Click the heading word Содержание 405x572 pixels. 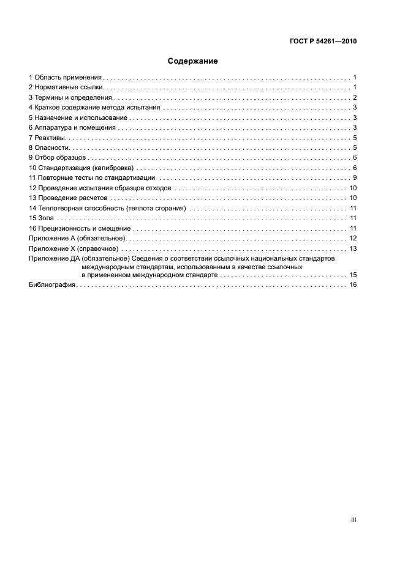[x=193, y=61]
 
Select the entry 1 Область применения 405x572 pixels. [x=66, y=78]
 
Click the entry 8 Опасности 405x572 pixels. [x=50, y=147]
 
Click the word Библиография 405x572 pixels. [x=52, y=285]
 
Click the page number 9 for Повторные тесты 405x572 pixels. [x=355, y=177]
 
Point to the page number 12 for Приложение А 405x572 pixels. [x=353, y=237]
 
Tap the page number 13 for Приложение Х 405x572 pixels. [x=353, y=248]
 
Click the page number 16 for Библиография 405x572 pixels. [x=353, y=285]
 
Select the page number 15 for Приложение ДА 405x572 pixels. [x=353, y=275]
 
